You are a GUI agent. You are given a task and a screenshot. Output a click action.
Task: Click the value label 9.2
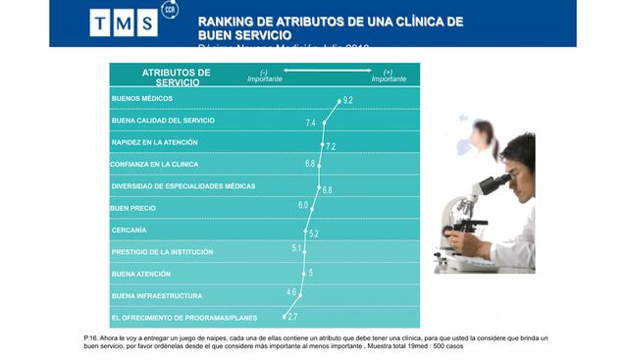pyautogui.click(x=347, y=100)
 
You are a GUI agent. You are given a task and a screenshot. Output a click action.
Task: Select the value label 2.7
pyautogui.click(x=292, y=317)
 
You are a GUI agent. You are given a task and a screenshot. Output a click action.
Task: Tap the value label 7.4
pyautogui.click(x=311, y=123)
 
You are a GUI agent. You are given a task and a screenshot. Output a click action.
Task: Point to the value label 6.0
pyautogui.click(x=303, y=205)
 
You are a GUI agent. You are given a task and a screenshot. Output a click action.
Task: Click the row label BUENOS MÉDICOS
pyautogui.click(x=143, y=99)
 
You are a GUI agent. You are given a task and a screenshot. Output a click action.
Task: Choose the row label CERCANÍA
pyautogui.click(x=130, y=231)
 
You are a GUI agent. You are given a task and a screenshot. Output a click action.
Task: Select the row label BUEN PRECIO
pyautogui.click(x=133, y=208)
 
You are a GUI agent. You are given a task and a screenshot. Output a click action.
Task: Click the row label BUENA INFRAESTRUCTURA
pyautogui.click(x=157, y=295)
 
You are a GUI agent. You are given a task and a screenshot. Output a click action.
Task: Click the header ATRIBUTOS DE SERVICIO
pyautogui.click(x=177, y=77)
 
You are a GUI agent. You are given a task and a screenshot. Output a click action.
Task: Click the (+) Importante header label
pyautogui.click(x=389, y=76)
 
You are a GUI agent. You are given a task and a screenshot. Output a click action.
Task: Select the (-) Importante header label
pyautogui.click(x=264, y=76)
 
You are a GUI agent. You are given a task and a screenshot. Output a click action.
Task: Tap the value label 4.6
pyautogui.click(x=291, y=291)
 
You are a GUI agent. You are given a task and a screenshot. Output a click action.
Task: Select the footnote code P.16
pyautogui.click(x=92, y=337)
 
